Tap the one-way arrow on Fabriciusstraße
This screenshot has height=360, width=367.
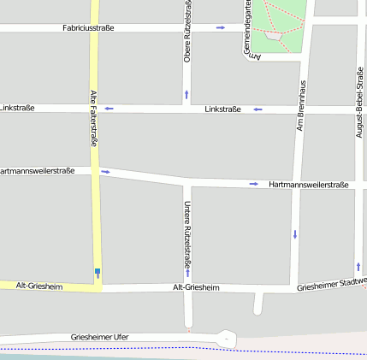[x=221, y=28]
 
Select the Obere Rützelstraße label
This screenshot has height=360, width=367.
[x=187, y=32]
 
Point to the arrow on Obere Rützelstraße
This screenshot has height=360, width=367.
[x=186, y=94]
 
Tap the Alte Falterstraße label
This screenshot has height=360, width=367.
[x=93, y=118]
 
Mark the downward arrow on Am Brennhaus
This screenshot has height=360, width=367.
[x=295, y=233]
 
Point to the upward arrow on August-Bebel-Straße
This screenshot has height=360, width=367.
[x=358, y=267]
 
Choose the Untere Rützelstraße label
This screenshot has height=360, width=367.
[x=186, y=234]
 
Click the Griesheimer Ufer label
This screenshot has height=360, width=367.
[x=100, y=337]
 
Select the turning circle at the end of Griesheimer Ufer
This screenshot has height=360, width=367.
[x=225, y=339]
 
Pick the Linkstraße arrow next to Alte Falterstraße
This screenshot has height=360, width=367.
[x=109, y=109]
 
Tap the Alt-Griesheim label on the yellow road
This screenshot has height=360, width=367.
[x=39, y=286]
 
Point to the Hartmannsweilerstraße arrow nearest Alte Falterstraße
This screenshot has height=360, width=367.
[x=105, y=172]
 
